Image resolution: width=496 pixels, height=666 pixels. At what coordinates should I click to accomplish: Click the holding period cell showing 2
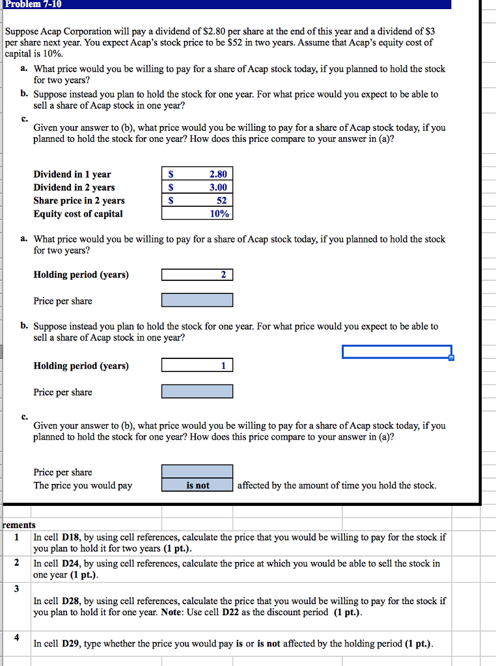click(197, 274)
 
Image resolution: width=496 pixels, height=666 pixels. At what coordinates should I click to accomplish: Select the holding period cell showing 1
click(197, 366)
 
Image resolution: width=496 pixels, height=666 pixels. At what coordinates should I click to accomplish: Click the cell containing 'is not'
click(197, 485)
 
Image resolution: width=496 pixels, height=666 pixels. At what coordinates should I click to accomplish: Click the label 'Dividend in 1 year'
click(72, 174)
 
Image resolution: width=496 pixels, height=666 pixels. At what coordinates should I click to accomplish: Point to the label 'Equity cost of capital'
click(78, 213)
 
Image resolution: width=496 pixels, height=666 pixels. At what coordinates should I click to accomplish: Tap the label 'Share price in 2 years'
click(79, 200)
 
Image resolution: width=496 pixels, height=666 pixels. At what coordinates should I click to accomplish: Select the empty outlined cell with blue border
click(397, 352)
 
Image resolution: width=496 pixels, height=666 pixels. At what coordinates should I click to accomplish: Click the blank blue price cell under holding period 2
click(197, 300)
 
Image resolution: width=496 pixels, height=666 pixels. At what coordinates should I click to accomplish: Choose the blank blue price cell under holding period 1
click(197, 392)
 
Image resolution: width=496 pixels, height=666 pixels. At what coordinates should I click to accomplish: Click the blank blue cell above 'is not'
click(197, 472)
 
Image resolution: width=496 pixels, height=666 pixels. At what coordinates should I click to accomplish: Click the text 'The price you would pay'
click(83, 485)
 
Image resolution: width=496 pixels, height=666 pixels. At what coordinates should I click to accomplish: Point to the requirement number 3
click(17, 589)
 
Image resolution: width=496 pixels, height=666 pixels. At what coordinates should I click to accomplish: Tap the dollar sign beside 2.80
click(171, 174)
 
